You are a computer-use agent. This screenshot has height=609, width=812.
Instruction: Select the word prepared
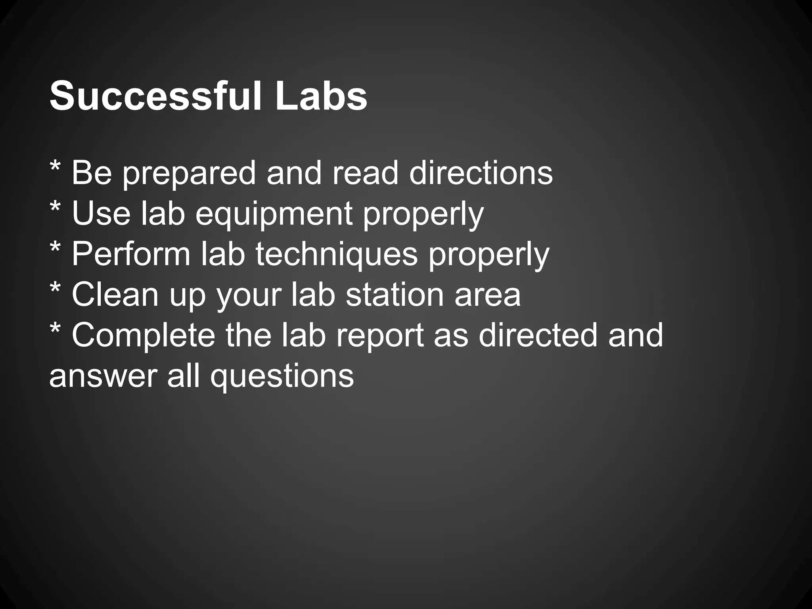tap(189, 174)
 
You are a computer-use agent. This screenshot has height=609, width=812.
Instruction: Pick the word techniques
tap(337, 255)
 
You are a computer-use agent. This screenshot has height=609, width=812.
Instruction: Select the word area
tap(487, 295)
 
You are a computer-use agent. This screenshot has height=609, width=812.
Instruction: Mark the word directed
tap(538, 335)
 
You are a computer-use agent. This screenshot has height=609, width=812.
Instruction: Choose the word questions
tap(282, 377)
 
